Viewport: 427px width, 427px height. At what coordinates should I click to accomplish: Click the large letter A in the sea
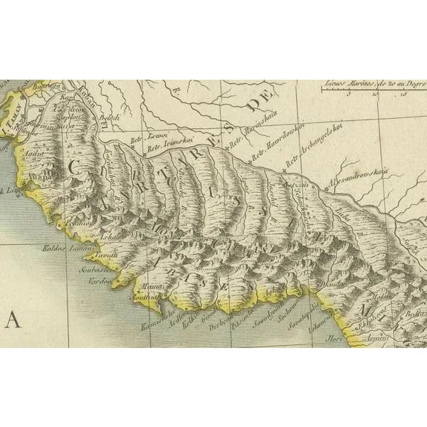pos(13,320)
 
